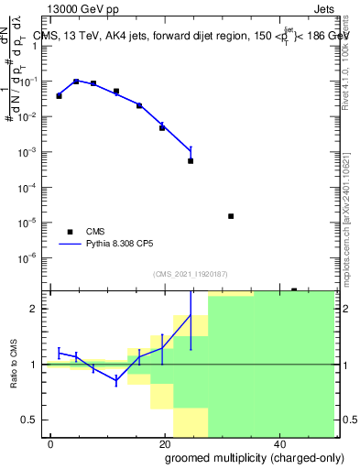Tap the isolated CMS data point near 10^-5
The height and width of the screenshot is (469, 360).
[231, 216]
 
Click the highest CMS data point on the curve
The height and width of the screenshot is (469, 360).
[76, 82]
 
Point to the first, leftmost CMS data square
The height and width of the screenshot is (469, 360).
[59, 95]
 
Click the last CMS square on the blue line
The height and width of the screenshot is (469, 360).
[191, 160]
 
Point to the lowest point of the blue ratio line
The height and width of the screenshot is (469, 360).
[116, 381]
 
